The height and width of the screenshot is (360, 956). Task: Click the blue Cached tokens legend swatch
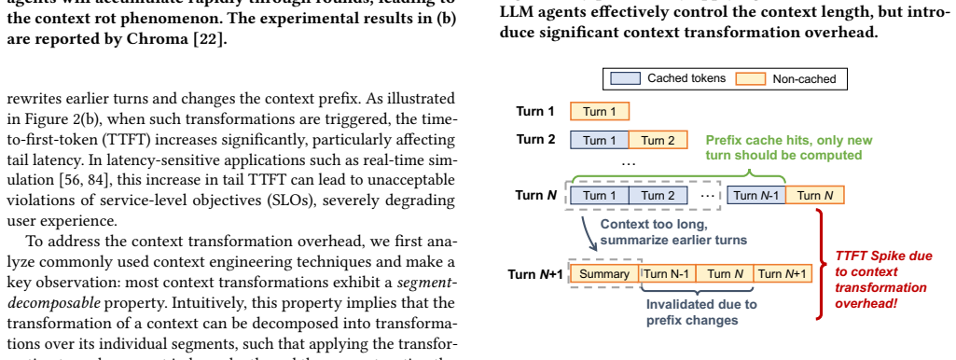pos(626,78)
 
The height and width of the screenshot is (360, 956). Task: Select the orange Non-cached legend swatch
pos(751,78)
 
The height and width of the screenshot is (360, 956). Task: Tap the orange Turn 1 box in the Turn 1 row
pos(600,112)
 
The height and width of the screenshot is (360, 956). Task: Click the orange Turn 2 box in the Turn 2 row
pos(658,140)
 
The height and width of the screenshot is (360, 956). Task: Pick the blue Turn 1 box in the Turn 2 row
pos(600,140)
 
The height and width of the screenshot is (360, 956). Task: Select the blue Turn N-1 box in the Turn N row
pos(756,195)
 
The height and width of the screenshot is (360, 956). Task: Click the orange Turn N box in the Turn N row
pos(815,195)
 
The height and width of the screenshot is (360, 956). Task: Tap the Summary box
pos(604,274)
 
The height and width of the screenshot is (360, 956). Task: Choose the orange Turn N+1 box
pos(784,274)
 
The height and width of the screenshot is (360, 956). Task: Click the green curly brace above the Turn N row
pos(678,177)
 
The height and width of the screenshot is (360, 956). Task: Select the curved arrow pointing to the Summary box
pos(589,234)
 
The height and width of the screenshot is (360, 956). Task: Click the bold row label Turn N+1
pos(535,274)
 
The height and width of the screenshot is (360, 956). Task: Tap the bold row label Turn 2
pos(536,139)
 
